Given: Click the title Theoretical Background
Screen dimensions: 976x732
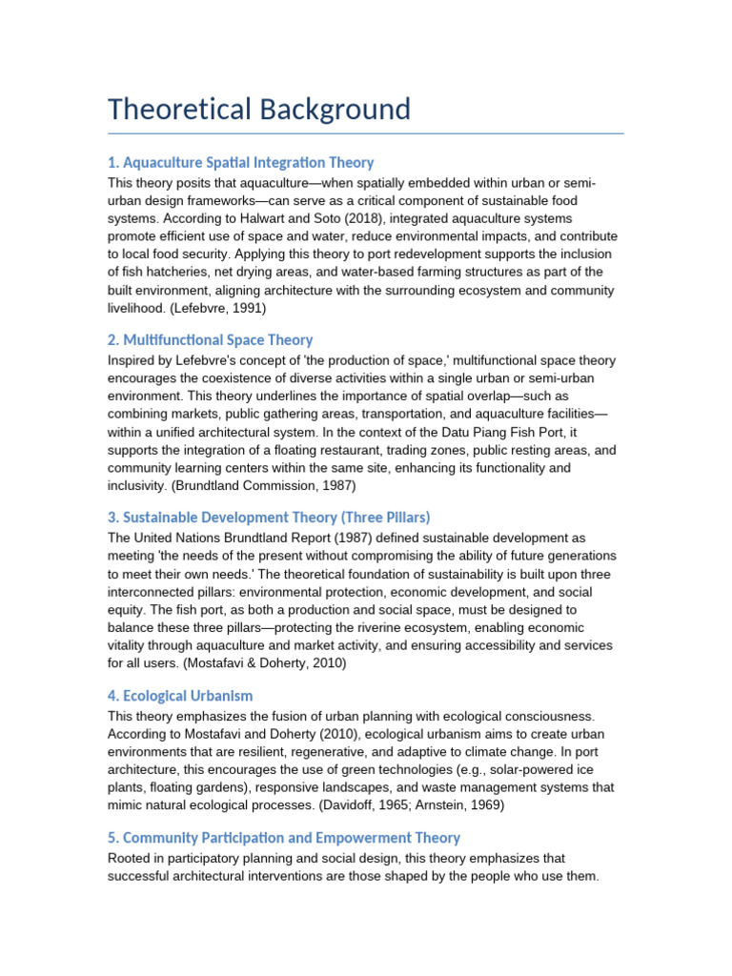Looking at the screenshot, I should tap(259, 109).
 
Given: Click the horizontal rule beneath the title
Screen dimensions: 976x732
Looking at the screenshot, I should tap(366, 133).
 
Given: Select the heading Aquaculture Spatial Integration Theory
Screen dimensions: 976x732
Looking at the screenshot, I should tap(241, 162).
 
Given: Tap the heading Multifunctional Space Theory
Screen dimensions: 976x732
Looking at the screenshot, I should tap(210, 339).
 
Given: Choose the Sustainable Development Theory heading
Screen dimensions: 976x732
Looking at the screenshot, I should tap(269, 517).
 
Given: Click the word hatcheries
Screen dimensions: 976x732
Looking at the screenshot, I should tap(179, 272).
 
